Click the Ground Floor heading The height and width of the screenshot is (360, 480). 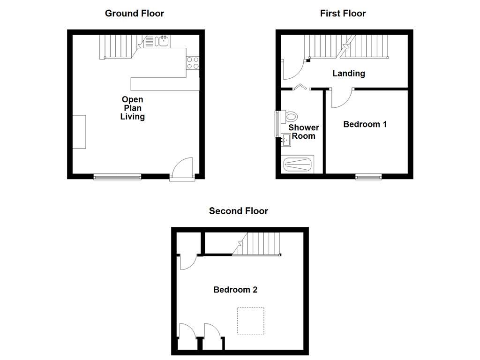click(135, 13)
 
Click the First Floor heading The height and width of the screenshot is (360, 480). click(343, 13)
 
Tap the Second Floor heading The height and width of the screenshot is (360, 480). click(239, 211)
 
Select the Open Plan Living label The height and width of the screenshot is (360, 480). click(132, 108)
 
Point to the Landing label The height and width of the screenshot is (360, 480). click(349, 73)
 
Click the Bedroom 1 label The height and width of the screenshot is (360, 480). click(365, 124)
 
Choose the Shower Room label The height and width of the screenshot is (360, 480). click(303, 132)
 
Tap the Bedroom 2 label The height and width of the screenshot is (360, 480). click(235, 290)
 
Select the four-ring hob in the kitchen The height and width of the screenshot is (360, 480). click(193, 63)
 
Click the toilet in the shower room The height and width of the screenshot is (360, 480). click(290, 116)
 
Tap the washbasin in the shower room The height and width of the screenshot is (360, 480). click(286, 139)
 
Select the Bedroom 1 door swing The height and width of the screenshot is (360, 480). click(341, 97)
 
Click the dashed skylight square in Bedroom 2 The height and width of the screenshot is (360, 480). click(250, 321)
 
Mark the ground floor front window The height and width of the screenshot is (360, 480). click(117, 177)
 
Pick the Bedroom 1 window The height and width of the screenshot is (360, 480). click(368, 177)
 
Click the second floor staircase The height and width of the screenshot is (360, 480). click(258, 244)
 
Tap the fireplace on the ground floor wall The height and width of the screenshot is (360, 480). click(79, 131)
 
